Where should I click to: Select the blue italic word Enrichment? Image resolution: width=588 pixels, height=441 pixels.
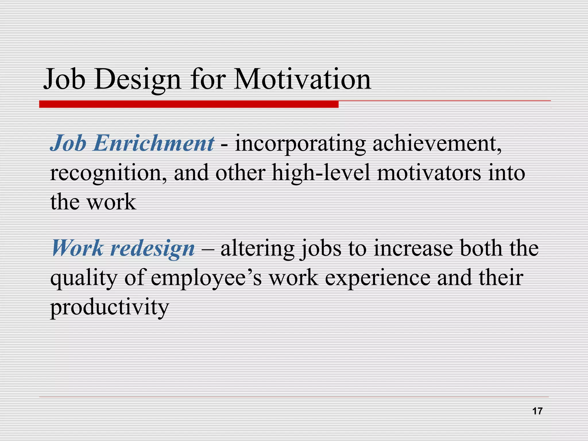point(153,143)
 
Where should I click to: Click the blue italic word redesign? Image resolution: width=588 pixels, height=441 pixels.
point(152,248)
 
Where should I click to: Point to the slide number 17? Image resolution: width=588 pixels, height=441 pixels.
point(537,411)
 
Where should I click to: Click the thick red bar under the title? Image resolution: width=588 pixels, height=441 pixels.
point(189,104)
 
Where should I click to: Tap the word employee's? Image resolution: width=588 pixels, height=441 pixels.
point(206,278)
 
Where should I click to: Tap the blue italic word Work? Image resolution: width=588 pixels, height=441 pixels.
point(77,248)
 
